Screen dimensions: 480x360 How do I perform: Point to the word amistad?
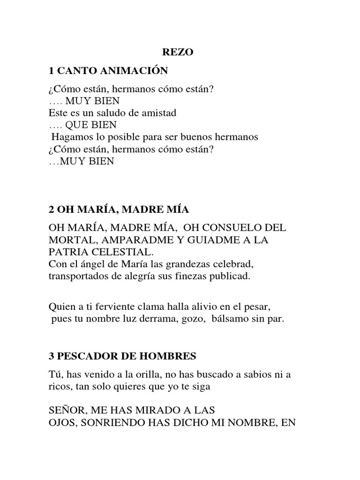159,113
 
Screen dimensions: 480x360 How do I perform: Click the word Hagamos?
69,137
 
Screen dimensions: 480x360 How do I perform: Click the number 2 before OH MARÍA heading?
51,210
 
